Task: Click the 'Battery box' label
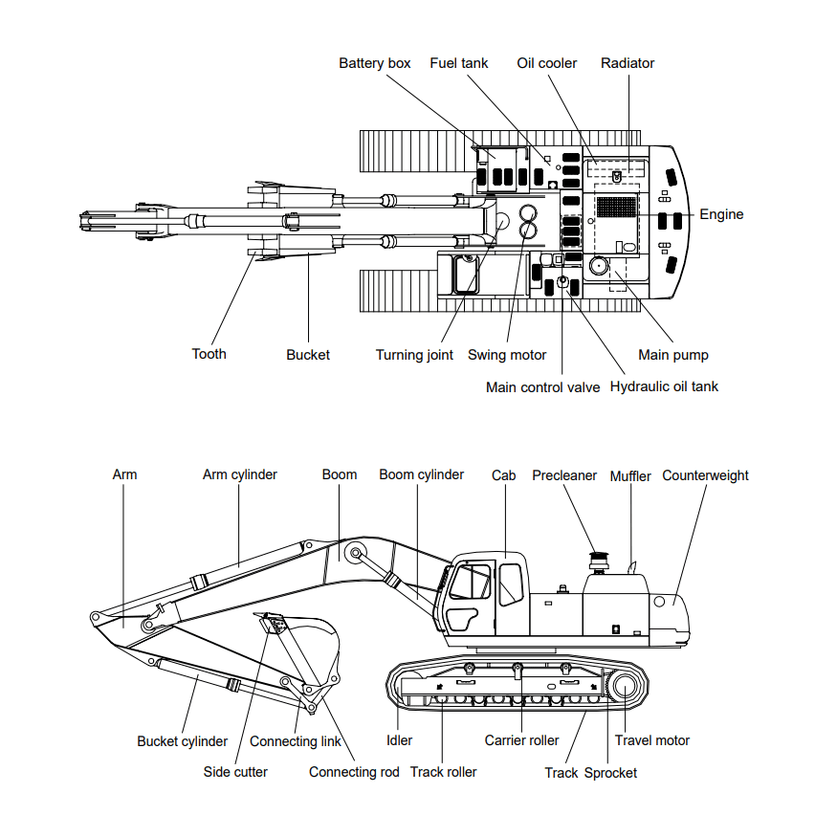tap(375, 63)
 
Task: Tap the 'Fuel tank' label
tap(459, 63)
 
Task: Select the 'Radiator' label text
tap(628, 63)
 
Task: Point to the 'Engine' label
tap(721, 214)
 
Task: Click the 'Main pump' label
tap(673, 355)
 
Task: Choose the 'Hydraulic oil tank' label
tap(664, 386)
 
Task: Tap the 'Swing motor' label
tap(507, 355)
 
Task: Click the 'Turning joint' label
tap(414, 355)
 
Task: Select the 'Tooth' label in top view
tap(209, 354)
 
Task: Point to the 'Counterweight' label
tap(706, 475)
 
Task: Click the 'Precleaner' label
tap(564, 475)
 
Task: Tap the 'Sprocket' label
tap(610, 772)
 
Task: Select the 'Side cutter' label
tap(235, 771)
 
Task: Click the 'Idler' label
tap(399, 740)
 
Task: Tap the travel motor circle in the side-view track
tap(627, 686)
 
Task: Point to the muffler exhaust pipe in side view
tap(631, 566)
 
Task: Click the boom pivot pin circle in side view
tap(356, 553)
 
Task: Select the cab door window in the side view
tap(510, 584)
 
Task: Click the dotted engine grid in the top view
tap(616, 206)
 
